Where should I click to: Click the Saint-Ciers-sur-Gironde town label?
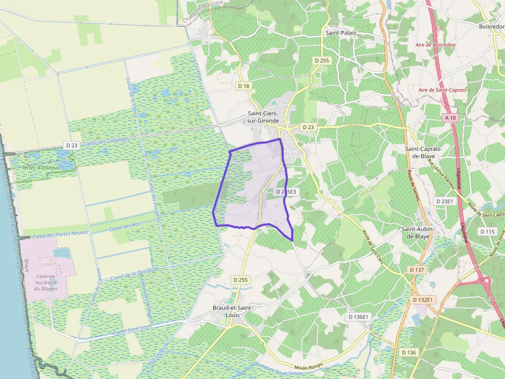coord(263,117)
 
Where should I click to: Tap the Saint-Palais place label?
coord(341,32)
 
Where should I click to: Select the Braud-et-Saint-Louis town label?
coord(232,311)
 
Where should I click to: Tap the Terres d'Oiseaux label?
coord(41,168)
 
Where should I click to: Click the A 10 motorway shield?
coord(450,118)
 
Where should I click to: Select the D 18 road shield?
coord(244,86)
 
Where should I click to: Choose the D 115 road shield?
coord(487,231)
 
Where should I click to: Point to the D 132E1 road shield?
coord(424,299)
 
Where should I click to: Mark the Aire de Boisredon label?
coord(435,45)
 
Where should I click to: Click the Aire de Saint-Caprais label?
coord(442,90)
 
